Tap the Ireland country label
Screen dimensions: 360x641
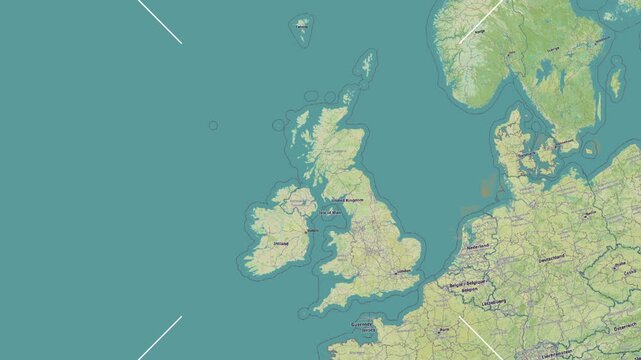pos(281,242)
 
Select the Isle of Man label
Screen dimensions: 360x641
pos(330,213)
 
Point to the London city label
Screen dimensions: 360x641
pos(406,270)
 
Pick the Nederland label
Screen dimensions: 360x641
pos(478,247)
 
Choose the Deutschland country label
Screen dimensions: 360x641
pos(551,259)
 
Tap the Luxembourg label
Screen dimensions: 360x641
pos(492,299)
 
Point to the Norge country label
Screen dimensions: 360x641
pos(479,31)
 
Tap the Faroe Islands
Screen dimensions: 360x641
pos(302,28)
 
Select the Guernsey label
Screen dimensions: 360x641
pos(361,324)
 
